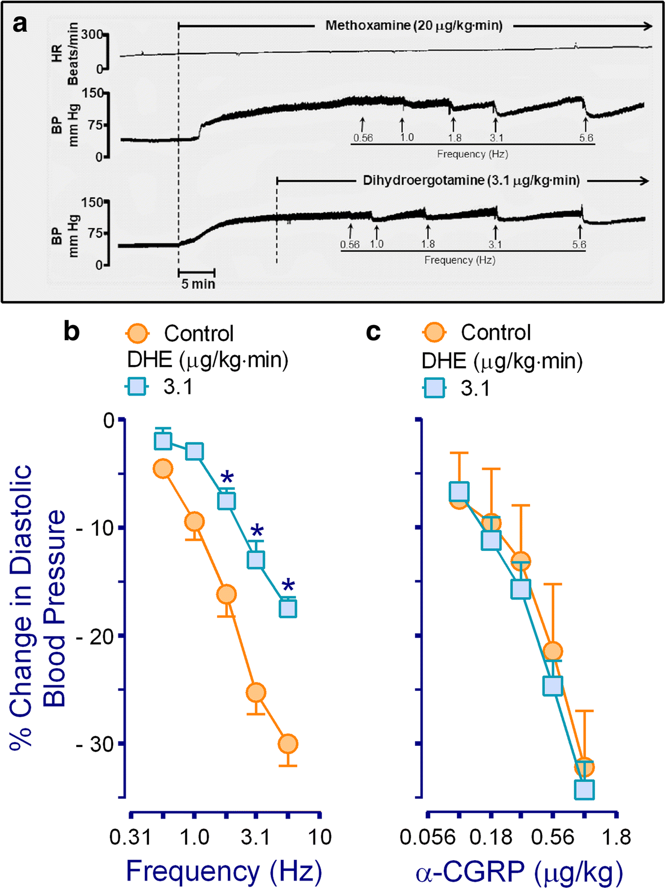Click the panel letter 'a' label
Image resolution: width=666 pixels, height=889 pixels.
tap(20, 24)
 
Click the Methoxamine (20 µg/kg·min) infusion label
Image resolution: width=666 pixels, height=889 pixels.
tap(414, 26)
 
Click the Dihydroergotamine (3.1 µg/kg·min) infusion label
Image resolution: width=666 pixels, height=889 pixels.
tap(471, 181)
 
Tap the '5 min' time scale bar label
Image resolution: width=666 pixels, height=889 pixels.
tap(198, 284)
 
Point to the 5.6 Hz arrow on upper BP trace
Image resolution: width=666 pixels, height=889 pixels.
tap(585, 124)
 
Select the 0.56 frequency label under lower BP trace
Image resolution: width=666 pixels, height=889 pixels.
tap(350, 245)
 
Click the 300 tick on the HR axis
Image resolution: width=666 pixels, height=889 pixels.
tap(91, 34)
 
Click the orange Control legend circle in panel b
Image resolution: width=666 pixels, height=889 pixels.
tap(137, 333)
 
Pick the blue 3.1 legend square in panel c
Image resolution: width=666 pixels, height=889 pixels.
tap(434, 388)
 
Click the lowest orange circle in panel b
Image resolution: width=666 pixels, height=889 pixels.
tap(288, 744)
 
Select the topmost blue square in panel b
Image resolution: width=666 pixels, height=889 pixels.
tap(163, 441)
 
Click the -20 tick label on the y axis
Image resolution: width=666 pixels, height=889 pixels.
tap(95, 636)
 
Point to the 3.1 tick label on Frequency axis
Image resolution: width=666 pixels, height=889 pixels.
tap(255, 837)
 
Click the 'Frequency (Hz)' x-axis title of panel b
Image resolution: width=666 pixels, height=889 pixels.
tap(224, 871)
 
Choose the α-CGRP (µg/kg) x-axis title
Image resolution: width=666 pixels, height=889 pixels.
tap(519, 872)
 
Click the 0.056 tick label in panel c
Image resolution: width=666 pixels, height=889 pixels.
tap(427, 837)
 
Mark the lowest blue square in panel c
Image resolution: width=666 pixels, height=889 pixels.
tap(584, 790)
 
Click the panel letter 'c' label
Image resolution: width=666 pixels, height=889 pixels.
tap(373, 332)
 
